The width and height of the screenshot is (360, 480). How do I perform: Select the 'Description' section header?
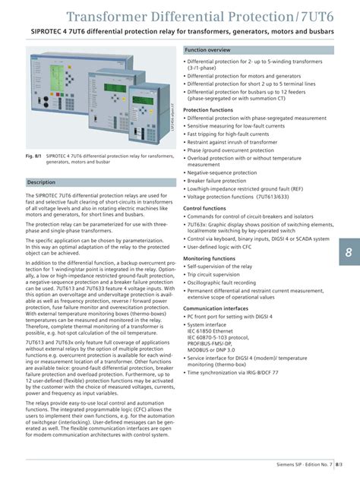(x=42, y=183)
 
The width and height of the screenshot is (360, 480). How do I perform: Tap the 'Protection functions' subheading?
(x=208, y=110)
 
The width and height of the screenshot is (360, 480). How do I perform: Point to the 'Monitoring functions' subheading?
(x=209, y=258)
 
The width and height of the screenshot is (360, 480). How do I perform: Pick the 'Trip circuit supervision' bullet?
(x=219, y=275)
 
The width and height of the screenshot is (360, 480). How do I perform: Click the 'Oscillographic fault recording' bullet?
(x=226, y=283)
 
